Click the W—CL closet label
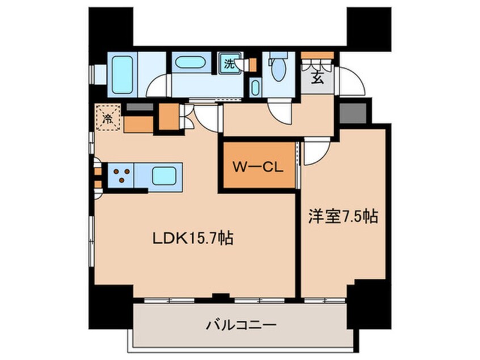click(x=258, y=167)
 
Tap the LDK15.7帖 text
click(x=193, y=238)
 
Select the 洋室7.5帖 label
click(x=343, y=216)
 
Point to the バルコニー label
click(x=241, y=325)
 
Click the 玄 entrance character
click(x=318, y=79)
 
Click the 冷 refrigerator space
click(x=107, y=118)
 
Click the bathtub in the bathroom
click(x=123, y=75)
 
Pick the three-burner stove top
click(x=121, y=175)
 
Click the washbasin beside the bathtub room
click(x=190, y=62)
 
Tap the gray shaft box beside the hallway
click(x=353, y=114)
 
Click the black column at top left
click(x=111, y=26)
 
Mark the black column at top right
click(x=369, y=29)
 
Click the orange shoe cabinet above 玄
click(x=318, y=55)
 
